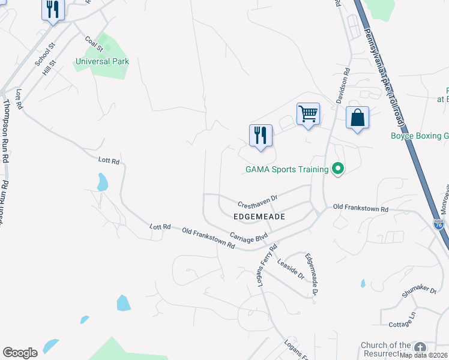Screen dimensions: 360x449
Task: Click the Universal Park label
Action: click(102, 61)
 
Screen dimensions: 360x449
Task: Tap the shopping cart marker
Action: click(308, 114)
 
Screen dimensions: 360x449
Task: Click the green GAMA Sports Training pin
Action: click(337, 169)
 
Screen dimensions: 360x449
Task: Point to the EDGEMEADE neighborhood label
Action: click(259, 215)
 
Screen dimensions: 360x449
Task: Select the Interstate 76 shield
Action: click(438, 224)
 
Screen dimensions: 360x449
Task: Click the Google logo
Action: click(20, 353)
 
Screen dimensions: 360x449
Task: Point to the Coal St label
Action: click(94, 44)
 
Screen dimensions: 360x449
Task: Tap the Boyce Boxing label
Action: click(419, 136)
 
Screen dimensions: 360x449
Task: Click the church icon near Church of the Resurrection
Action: click(420, 347)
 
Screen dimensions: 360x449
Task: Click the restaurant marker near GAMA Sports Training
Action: click(261, 136)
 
